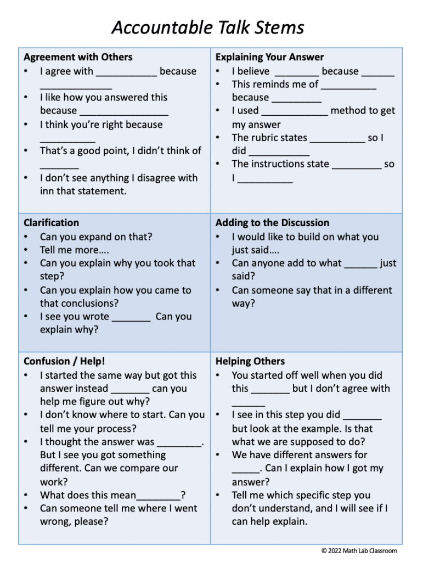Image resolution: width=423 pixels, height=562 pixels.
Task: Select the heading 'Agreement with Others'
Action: (78, 57)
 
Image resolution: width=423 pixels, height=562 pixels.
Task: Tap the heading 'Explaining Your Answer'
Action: (269, 57)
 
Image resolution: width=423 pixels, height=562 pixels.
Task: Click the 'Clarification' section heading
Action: (51, 223)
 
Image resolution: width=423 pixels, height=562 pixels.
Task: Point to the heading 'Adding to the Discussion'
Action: (272, 223)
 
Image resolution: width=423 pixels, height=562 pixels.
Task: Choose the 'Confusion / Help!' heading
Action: (64, 361)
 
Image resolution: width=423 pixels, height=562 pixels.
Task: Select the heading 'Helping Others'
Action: (250, 361)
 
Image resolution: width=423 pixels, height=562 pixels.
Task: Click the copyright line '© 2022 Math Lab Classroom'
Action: (359, 550)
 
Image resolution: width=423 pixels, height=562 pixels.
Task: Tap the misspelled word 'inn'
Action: (47, 191)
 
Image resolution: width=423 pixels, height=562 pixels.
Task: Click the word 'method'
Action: (349, 111)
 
